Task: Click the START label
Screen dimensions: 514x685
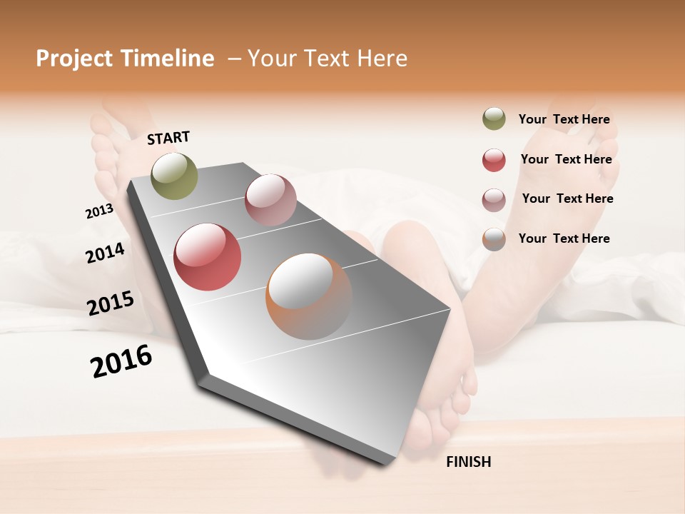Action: pyautogui.click(x=168, y=138)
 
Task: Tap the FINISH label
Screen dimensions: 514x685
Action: pyautogui.click(x=468, y=462)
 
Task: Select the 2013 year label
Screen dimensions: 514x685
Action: pyautogui.click(x=99, y=211)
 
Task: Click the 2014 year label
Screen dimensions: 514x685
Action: pyautogui.click(x=105, y=253)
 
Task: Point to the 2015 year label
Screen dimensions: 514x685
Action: pyautogui.click(x=111, y=303)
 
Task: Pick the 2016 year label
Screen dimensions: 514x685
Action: pyautogui.click(x=121, y=361)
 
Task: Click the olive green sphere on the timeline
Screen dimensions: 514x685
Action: pyautogui.click(x=174, y=176)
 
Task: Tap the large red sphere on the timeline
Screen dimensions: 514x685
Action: pyautogui.click(x=207, y=257)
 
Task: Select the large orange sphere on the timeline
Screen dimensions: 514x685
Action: pyautogui.click(x=309, y=296)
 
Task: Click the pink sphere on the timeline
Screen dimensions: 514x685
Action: pyautogui.click(x=270, y=200)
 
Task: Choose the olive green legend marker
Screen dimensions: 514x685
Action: pyautogui.click(x=494, y=119)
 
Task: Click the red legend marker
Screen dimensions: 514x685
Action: pyautogui.click(x=494, y=160)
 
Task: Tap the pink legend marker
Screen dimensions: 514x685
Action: pyautogui.click(x=494, y=200)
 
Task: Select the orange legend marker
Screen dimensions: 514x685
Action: pyautogui.click(x=494, y=239)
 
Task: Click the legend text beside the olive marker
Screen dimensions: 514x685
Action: pyautogui.click(x=564, y=119)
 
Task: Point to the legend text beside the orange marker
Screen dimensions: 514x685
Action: pyautogui.click(x=564, y=238)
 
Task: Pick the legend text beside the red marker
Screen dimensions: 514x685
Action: pyautogui.click(x=566, y=159)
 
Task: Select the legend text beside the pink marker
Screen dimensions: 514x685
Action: pyautogui.click(x=567, y=198)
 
